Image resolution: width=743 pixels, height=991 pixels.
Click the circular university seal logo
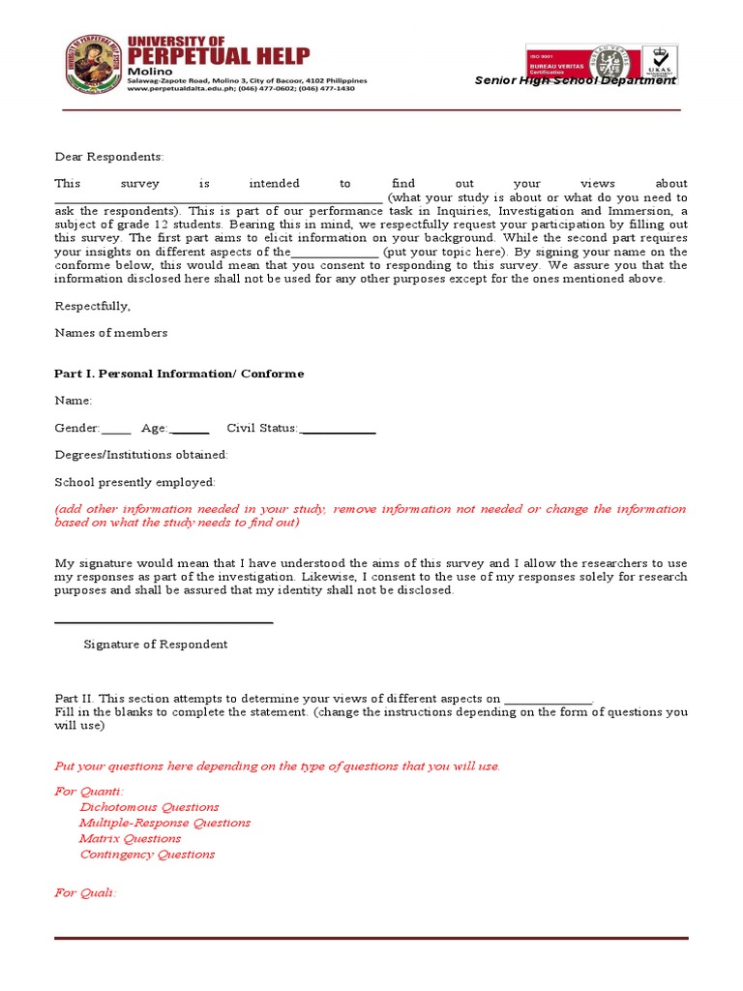click(94, 65)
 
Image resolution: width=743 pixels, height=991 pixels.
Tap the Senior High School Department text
click(575, 80)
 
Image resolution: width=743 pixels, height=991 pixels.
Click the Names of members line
click(110, 333)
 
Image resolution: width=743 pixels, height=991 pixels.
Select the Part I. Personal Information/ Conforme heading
click(179, 374)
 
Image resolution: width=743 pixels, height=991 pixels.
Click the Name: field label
click(74, 401)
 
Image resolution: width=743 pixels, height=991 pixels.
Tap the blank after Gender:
click(116, 430)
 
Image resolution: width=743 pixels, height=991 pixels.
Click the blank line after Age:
click(190, 430)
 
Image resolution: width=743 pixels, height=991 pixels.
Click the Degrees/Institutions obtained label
click(141, 455)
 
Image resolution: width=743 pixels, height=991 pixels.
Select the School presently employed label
click(135, 482)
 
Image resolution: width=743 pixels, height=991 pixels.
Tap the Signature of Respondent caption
click(156, 645)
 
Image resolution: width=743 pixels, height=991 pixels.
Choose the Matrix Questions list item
click(131, 838)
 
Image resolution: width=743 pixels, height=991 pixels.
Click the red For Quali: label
click(85, 892)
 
